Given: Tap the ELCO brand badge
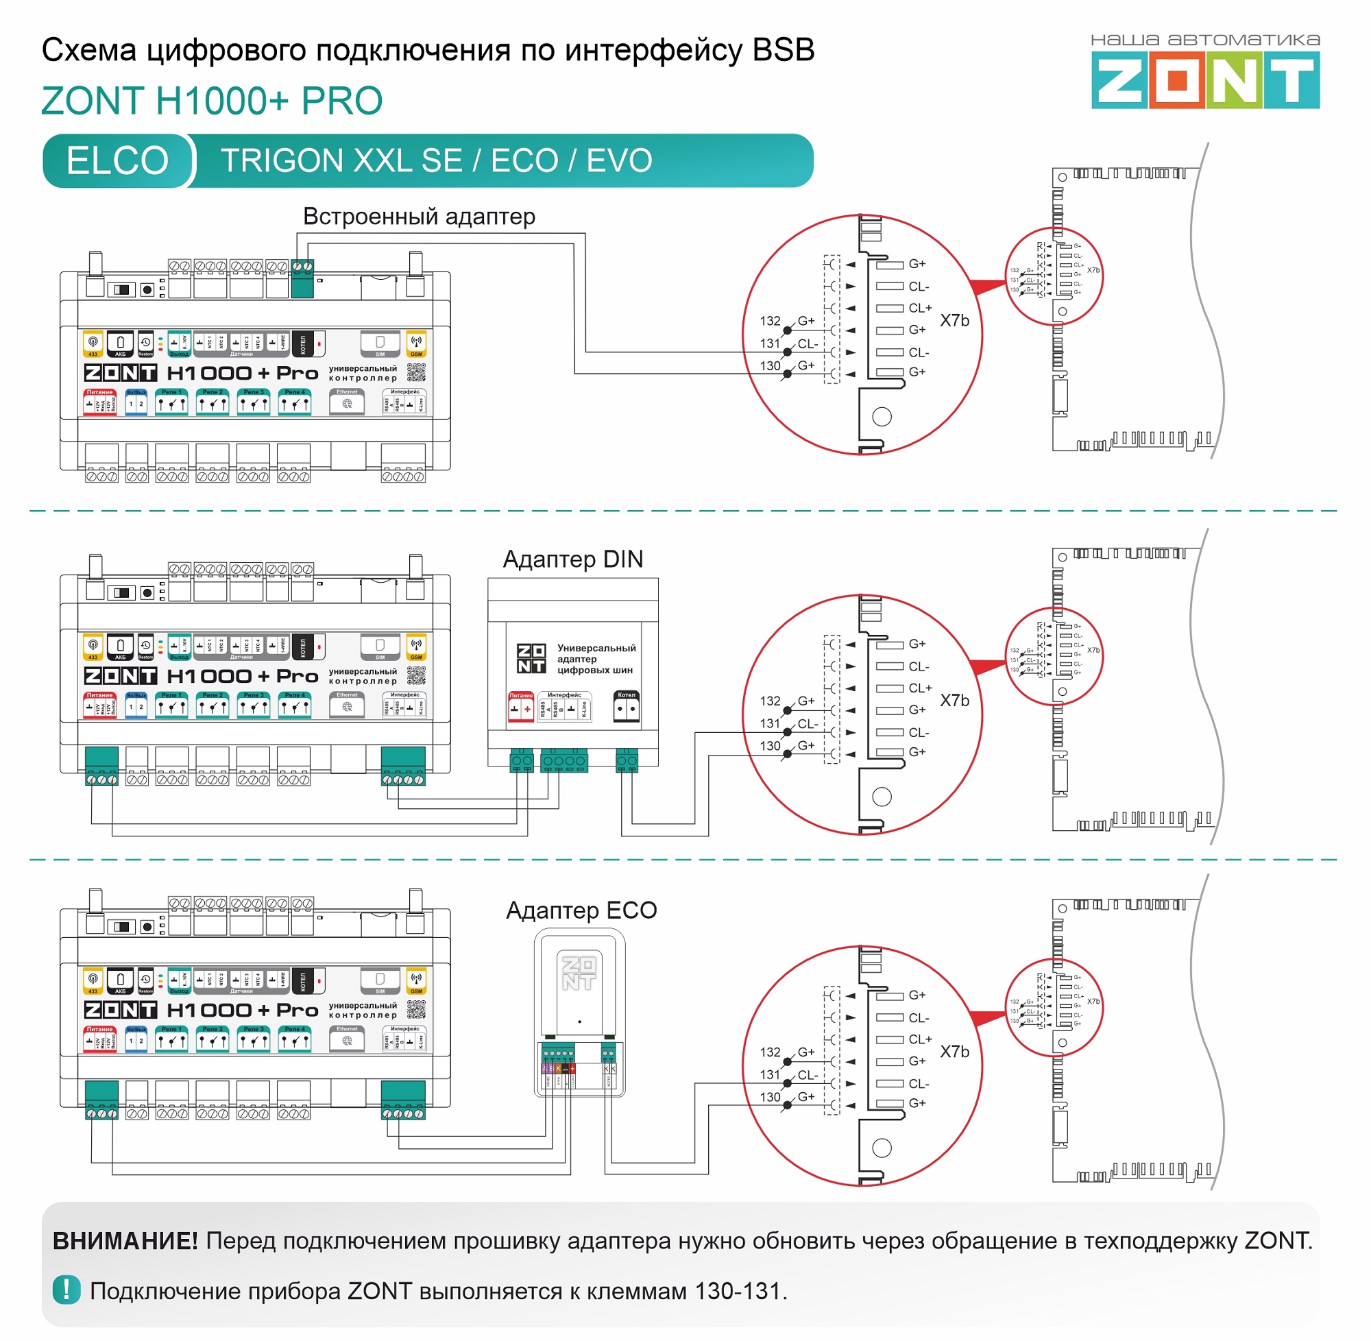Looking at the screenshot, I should (118, 160).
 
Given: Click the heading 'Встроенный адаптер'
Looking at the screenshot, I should (419, 216).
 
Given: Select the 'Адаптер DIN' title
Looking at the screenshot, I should (572, 559).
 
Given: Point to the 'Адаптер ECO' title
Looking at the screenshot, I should (581, 910).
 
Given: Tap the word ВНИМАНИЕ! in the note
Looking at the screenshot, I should (125, 1240).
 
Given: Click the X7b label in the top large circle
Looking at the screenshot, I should (954, 320).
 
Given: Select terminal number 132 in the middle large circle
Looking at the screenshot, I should (770, 701).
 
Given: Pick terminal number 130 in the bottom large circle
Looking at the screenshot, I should (770, 1097).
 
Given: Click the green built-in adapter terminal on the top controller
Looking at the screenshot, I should (302, 279).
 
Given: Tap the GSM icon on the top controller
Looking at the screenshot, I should (416, 343).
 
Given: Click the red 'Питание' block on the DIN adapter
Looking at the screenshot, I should (520, 707).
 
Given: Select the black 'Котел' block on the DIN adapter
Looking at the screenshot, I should (626, 707).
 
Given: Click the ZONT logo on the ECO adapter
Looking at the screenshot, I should (579, 973).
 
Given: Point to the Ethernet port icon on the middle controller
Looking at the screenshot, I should (347, 705).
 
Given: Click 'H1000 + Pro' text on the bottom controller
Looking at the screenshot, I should (242, 1010).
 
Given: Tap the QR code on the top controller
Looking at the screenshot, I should (416, 372).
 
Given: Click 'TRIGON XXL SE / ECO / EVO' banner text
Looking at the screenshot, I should (437, 160).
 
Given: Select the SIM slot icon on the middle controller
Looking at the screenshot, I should (380, 647).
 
